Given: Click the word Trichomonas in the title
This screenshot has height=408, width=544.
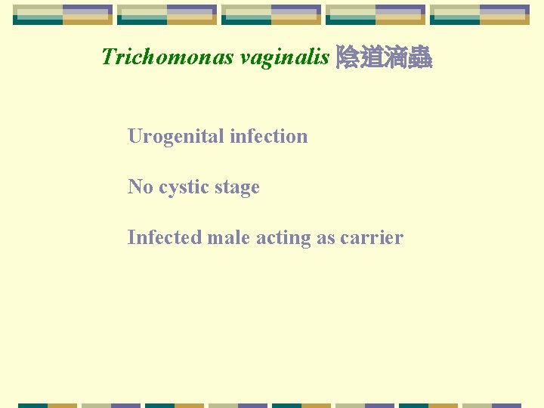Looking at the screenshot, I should click(167, 57).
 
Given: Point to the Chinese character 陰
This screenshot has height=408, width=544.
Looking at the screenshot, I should click(348, 57).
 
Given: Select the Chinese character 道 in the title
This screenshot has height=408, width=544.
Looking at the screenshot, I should click(372, 57).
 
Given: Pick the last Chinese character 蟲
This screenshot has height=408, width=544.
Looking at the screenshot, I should click(419, 57).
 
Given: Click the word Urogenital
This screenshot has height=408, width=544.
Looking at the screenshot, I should click(176, 137).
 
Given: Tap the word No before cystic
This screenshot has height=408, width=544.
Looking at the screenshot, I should click(141, 187).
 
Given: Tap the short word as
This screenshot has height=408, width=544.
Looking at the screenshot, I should click(326, 238).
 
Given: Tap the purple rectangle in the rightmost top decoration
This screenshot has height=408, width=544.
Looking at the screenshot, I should click(504, 11).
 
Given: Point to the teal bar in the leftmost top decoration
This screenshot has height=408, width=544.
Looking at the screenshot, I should click(38, 21).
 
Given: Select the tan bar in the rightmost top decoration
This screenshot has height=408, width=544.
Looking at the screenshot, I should click(504, 21).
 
